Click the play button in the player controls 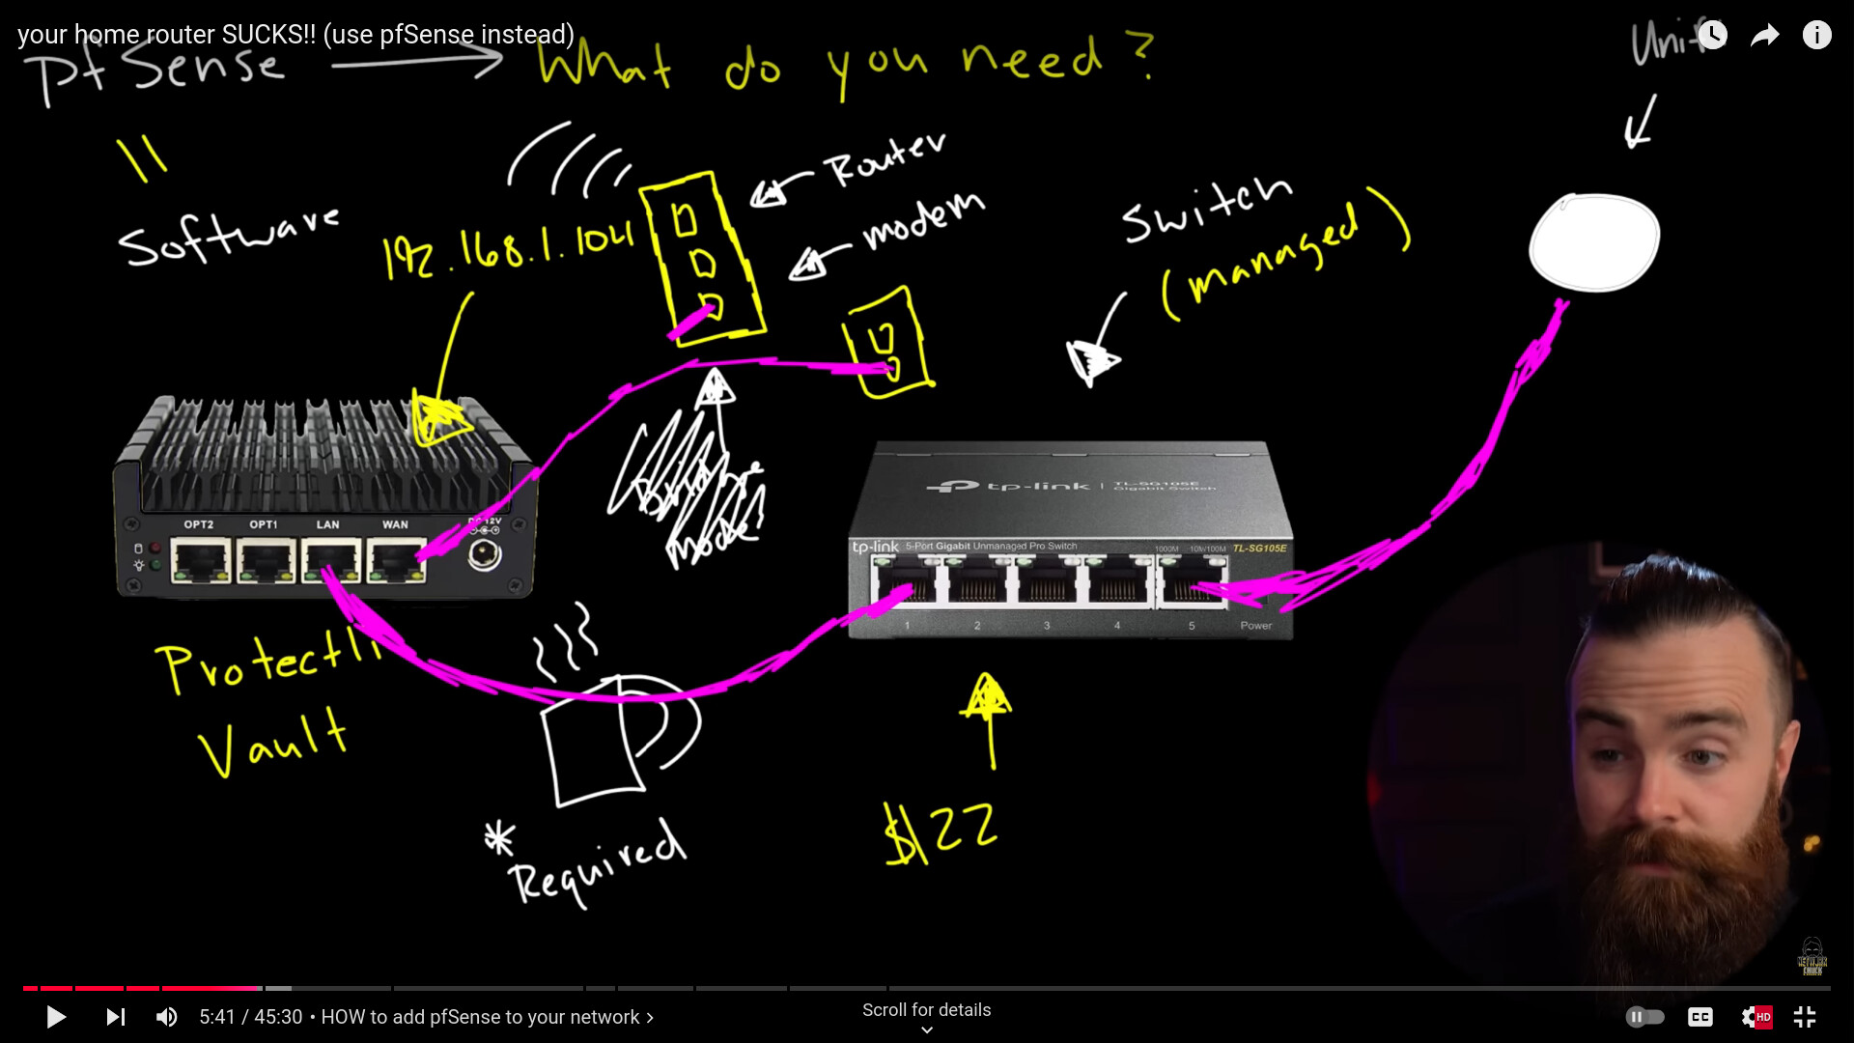click(56, 1017)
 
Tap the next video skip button click(116, 1017)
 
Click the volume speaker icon click(167, 1017)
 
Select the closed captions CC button click(1700, 1017)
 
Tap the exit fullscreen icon click(1805, 1017)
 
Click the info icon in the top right click(1816, 36)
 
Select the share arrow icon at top click(1764, 36)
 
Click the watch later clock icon click(1712, 36)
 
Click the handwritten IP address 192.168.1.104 click(508, 250)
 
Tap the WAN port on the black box click(395, 561)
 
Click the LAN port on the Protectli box click(329, 561)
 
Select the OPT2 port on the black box click(200, 561)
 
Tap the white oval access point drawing click(1594, 242)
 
